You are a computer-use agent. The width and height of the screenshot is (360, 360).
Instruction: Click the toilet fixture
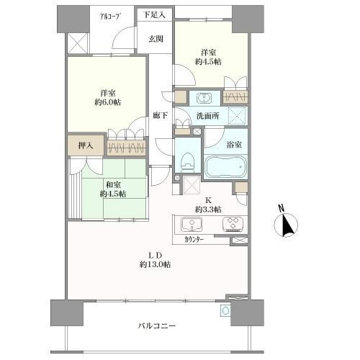point(188,163)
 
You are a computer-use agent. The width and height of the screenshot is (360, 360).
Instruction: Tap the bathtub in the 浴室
point(225,167)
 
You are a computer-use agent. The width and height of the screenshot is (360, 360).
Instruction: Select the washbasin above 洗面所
point(204,98)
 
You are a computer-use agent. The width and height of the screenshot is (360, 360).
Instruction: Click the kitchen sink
point(192,224)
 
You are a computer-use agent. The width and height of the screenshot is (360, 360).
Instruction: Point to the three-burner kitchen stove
point(233,224)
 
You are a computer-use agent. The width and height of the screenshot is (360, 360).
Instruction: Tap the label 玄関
point(156,39)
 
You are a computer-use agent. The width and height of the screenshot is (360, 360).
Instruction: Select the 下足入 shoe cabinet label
point(155,15)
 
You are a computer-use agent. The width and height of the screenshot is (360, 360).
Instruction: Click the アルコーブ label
point(109,17)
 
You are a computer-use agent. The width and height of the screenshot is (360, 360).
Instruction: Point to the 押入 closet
point(86,145)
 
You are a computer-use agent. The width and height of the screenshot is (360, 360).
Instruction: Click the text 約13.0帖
point(156,264)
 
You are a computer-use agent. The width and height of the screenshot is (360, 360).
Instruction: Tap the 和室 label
point(113,185)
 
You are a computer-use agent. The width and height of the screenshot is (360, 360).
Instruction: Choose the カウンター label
point(194,239)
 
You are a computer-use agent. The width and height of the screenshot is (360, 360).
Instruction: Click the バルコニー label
point(157,325)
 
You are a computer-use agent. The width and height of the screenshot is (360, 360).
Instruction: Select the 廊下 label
point(161,116)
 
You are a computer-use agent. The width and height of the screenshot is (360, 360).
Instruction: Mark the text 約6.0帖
point(107,102)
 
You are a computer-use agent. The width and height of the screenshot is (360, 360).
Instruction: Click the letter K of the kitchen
point(208,200)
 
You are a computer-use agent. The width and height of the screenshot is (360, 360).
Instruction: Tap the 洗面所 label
point(208,116)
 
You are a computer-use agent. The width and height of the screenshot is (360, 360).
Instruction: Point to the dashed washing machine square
point(238,116)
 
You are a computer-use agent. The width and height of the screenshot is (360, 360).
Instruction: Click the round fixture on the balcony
point(225,311)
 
